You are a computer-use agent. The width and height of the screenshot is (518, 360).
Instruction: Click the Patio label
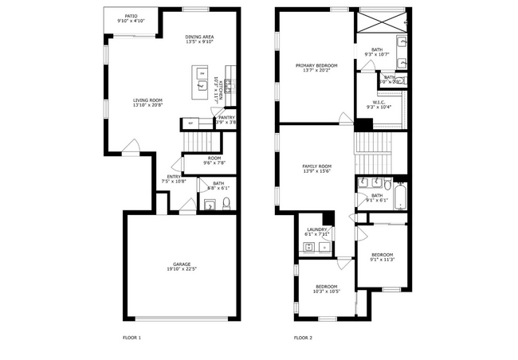click(x=131, y=16)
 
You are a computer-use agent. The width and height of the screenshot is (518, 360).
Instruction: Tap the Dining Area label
click(x=199, y=37)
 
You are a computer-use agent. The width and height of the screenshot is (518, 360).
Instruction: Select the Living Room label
click(x=147, y=100)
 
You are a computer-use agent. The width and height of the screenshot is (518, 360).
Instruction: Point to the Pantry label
click(x=227, y=118)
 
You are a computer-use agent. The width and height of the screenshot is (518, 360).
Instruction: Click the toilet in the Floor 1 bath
click(x=226, y=202)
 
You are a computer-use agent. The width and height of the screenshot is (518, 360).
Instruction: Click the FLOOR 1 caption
click(x=131, y=338)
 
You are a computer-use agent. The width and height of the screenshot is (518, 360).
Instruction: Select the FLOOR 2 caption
click(x=303, y=338)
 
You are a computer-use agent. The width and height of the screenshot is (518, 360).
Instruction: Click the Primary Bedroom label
click(x=316, y=65)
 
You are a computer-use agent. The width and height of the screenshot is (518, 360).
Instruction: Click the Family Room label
click(x=316, y=166)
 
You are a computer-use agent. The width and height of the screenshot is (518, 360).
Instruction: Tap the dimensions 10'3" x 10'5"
click(x=326, y=292)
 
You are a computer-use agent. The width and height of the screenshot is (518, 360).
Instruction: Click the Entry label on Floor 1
click(x=173, y=177)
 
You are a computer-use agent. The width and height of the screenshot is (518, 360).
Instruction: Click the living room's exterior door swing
click(x=133, y=146)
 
